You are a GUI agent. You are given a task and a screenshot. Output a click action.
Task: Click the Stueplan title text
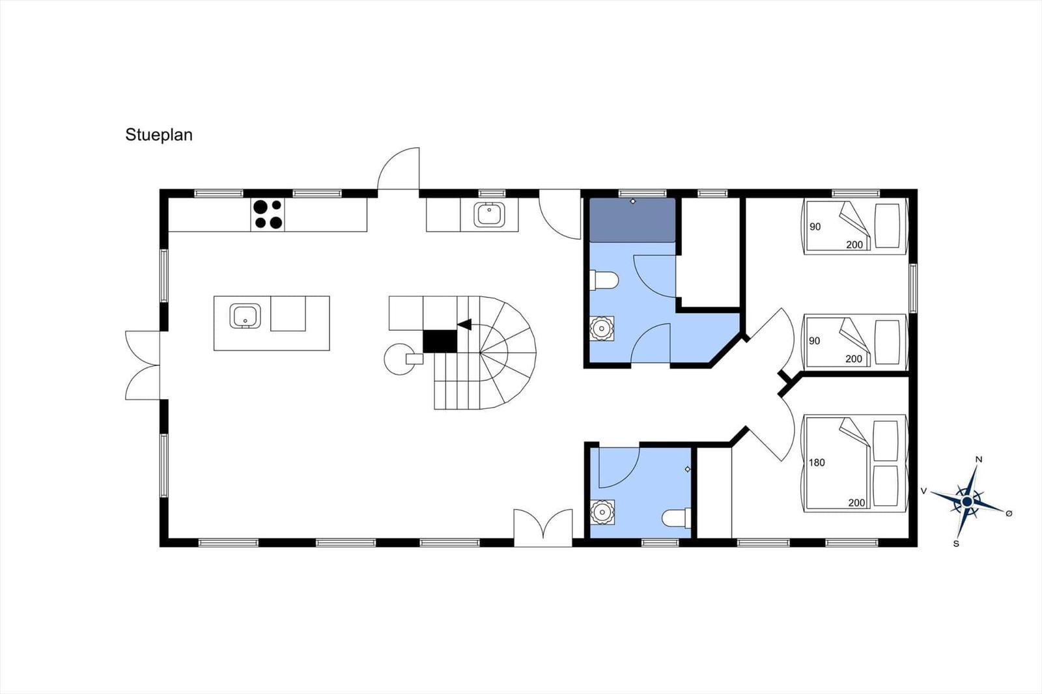159,135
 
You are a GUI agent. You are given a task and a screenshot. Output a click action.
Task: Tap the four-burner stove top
268,214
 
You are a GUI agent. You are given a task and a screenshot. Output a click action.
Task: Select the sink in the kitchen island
245,316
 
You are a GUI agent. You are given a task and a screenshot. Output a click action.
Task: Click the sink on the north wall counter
489,214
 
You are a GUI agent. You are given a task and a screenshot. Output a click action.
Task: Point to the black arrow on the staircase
464,324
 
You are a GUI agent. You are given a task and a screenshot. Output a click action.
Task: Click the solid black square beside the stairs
440,341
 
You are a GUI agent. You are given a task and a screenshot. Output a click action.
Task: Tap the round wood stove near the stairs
400,359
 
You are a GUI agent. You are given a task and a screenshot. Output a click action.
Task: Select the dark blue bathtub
632,220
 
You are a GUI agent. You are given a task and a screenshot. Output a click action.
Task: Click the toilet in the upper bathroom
604,281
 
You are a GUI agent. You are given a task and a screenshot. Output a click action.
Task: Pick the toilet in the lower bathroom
677,518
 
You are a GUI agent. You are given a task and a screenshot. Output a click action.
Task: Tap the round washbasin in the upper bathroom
602,328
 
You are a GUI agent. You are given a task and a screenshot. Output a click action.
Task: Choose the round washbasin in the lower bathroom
602,512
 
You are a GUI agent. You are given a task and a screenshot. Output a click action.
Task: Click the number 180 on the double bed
817,462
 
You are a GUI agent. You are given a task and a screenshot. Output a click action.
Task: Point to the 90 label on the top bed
815,227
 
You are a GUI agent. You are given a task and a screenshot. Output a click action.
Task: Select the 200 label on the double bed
856,503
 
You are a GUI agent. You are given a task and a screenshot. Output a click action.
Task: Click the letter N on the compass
979,460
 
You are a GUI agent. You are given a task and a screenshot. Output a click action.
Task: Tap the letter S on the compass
956,544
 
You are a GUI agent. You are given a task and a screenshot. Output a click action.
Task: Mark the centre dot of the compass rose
967,501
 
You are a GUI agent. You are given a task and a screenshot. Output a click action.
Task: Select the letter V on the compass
924,491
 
